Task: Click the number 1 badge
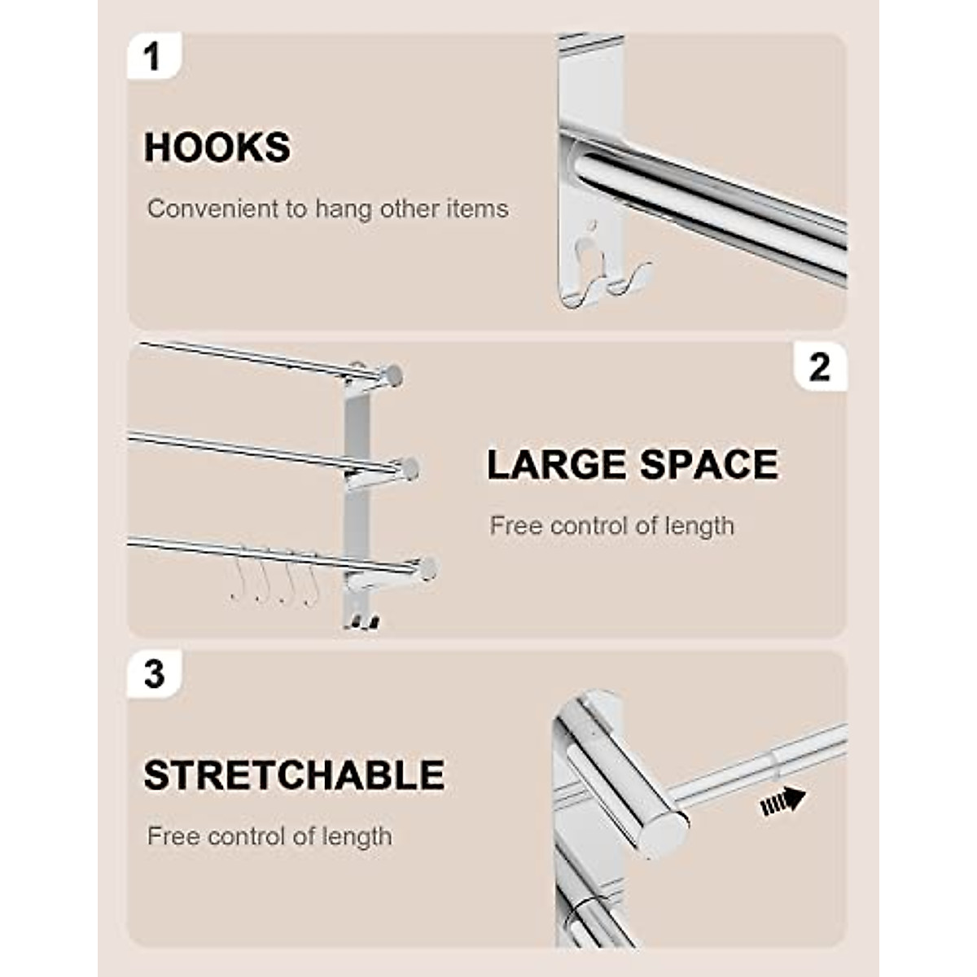point(151,57)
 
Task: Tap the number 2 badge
point(819,368)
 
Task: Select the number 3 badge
point(153,676)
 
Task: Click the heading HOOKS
point(217,148)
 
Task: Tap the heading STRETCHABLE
point(294,775)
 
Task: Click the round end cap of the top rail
point(392,376)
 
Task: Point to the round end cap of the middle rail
point(410,469)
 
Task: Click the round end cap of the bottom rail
point(426,569)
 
